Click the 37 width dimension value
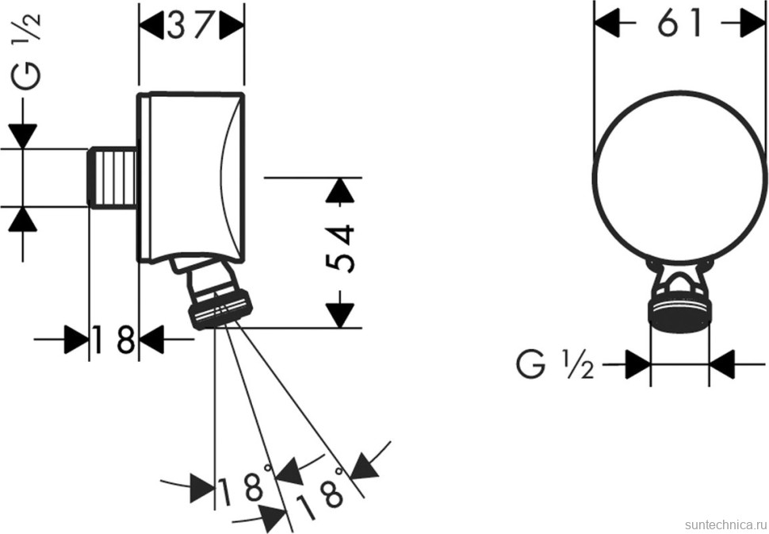pyautogui.click(x=191, y=26)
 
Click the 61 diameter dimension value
pyautogui.click(x=680, y=25)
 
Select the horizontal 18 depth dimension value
pyautogui.click(x=113, y=340)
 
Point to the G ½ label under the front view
pyautogui.click(x=554, y=366)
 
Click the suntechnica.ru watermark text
pyautogui.click(x=720, y=524)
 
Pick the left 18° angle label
pyautogui.click(x=243, y=488)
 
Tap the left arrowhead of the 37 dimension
pyautogui.click(x=151, y=26)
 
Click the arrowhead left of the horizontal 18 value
pyautogui.click(x=76, y=340)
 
